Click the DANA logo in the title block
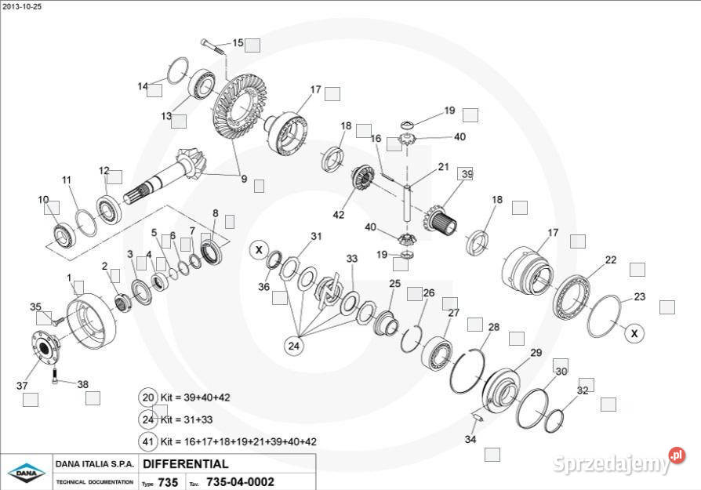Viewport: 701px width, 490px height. [27, 472]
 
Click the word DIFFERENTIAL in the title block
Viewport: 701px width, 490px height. [186, 463]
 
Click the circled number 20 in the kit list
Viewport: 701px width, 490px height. [148, 397]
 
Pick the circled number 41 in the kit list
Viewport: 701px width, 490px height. [148, 441]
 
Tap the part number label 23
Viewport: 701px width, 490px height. [640, 297]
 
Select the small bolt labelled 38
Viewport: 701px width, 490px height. [56, 378]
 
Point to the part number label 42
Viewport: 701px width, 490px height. [339, 215]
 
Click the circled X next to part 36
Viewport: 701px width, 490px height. [258, 251]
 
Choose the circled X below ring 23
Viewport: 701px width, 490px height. [635, 333]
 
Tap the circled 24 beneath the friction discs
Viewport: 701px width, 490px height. [294, 344]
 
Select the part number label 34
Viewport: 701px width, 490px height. [470, 439]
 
